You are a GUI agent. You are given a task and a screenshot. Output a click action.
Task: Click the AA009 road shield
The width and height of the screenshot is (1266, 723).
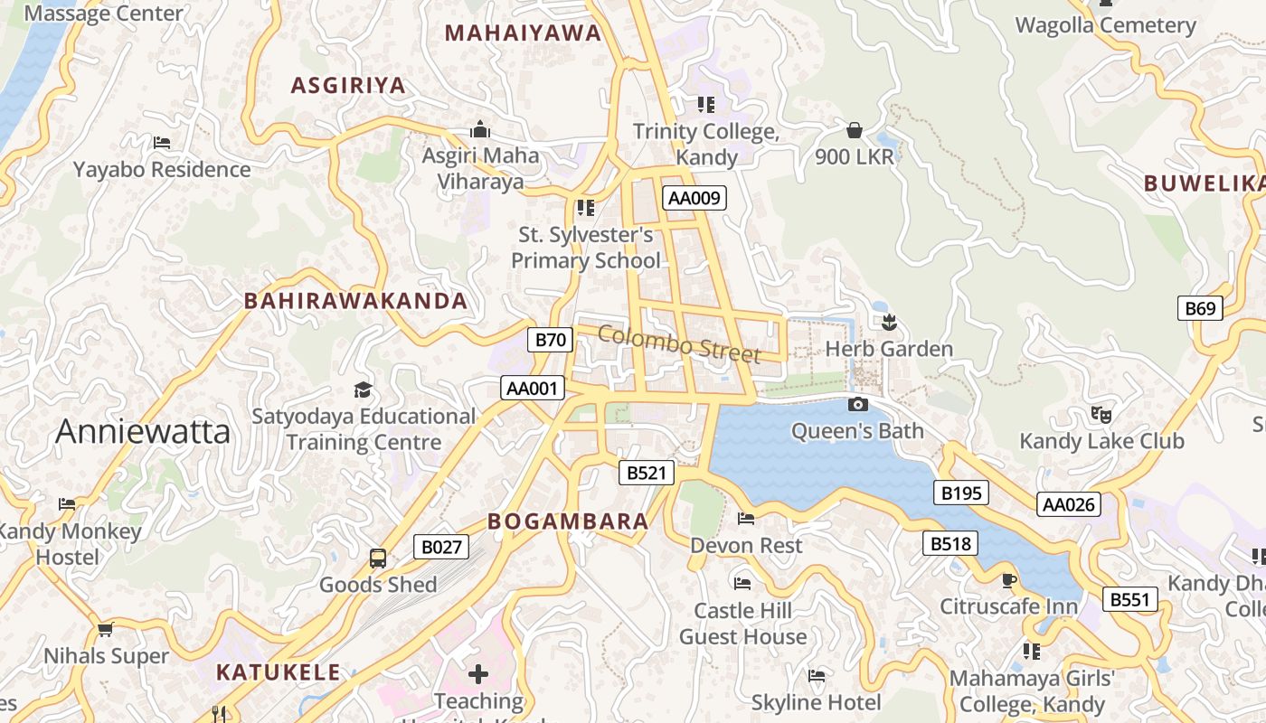coord(694,197)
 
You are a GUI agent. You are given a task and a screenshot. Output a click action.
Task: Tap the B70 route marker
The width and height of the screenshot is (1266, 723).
coord(550,340)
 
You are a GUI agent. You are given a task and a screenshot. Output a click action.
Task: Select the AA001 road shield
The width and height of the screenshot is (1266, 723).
coord(533,389)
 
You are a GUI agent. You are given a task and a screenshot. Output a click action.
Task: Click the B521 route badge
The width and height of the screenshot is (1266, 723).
coord(647,472)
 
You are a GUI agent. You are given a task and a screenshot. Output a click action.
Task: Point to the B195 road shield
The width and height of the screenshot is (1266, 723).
coord(960,493)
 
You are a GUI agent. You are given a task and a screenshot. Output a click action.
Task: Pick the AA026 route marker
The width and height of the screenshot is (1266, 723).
coord(1069,504)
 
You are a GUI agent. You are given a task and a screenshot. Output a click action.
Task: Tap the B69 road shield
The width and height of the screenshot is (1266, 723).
coord(1200,308)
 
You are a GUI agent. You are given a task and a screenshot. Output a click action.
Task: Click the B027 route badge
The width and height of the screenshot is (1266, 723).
coord(441,546)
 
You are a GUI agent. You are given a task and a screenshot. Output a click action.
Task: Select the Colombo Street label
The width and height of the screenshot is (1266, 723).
coord(679,344)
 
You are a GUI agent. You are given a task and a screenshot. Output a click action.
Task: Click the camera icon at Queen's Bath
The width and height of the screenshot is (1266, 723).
coord(858,404)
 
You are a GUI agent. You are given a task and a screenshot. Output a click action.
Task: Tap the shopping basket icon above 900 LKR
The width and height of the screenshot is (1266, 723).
coord(855,130)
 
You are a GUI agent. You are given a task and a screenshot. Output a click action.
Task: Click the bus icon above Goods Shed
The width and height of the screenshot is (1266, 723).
coord(378,559)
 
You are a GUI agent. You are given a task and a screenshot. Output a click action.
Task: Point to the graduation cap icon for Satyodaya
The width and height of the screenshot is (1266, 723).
coord(363,390)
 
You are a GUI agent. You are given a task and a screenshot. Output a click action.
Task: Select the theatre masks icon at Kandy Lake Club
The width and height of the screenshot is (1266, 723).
coord(1101,415)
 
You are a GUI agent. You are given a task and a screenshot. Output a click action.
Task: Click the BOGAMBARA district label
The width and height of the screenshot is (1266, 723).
coord(568,521)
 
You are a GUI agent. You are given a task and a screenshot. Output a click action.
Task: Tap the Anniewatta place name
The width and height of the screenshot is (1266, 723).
coord(143,432)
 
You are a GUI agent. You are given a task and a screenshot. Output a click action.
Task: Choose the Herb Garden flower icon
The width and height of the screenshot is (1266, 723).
coord(889,322)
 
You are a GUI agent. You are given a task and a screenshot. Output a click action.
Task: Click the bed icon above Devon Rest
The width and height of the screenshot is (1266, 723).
coord(746,519)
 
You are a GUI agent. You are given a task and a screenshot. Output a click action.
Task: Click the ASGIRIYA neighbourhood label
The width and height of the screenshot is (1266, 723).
coord(348,86)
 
